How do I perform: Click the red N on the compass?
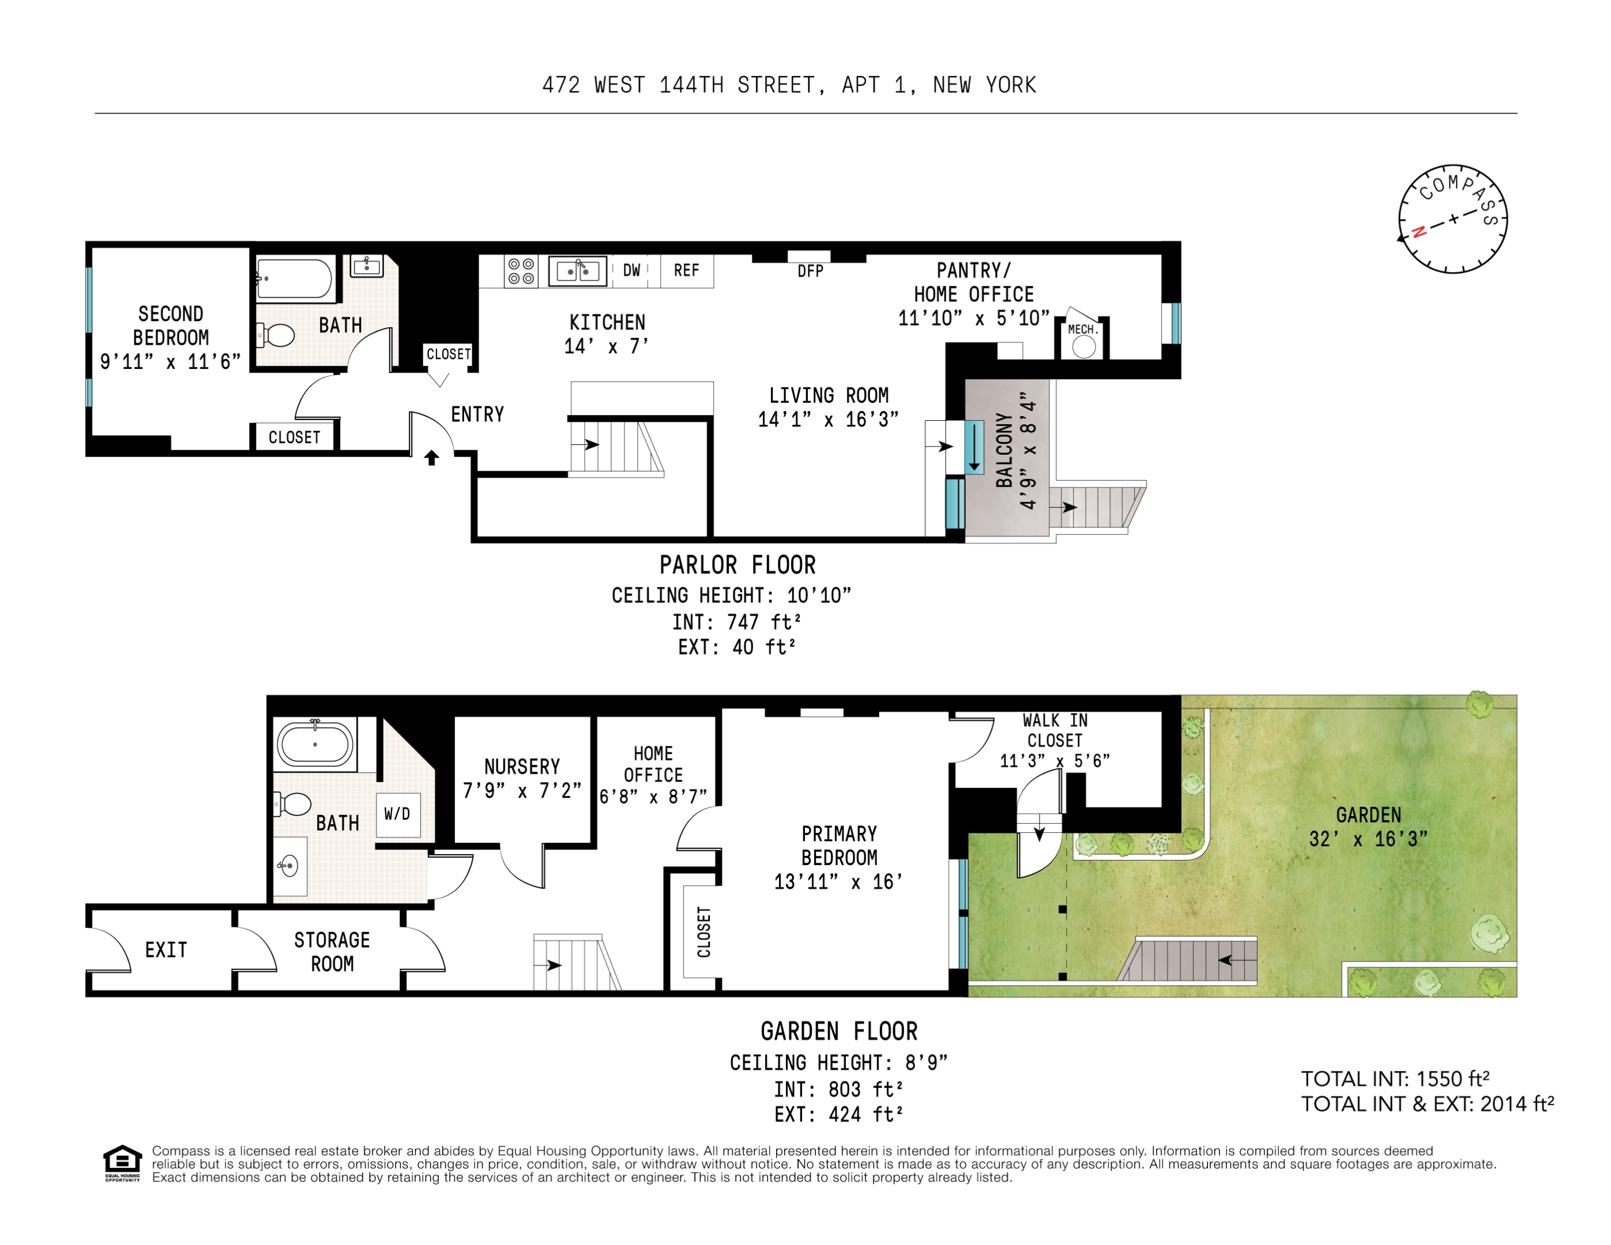[1418, 232]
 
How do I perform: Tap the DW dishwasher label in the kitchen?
[631, 271]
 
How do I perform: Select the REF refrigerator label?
[686, 271]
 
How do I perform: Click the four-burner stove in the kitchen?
[521, 271]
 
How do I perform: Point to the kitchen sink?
[578, 271]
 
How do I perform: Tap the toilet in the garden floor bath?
[293, 804]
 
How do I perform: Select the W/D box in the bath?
[398, 814]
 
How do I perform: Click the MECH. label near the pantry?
[1083, 330]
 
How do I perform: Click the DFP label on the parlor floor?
[810, 271]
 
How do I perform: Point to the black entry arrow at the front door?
[431, 458]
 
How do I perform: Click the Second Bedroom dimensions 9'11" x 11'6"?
[171, 362]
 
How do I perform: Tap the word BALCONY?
[1004, 450]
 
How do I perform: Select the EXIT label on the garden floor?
[166, 950]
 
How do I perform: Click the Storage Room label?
[332, 952]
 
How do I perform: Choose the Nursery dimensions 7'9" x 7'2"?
[522, 791]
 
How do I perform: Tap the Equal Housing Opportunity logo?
[122, 1163]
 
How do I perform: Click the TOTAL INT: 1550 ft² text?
[1395, 1079]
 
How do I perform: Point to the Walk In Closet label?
[1055, 730]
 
